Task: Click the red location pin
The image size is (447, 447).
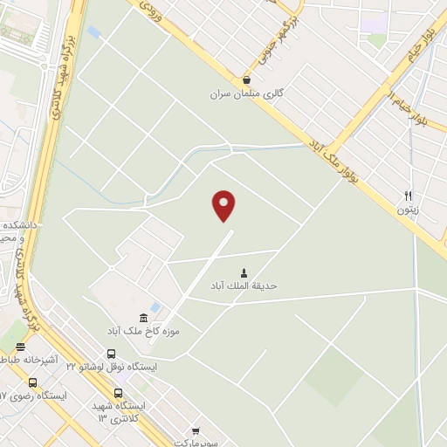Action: pos(224,205)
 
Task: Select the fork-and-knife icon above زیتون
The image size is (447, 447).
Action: pos(408,196)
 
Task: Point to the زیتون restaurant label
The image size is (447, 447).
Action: pos(408,210)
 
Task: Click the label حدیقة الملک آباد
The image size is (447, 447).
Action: pos(244,285)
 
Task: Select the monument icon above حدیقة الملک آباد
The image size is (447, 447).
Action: pos(244,272)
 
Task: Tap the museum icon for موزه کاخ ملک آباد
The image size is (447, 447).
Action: pos(143,317)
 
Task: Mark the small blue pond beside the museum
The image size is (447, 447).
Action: pos(155,308)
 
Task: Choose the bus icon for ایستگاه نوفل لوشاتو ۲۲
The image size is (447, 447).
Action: pos(111,354)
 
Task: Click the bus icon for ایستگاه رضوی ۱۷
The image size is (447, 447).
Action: pos(32,382)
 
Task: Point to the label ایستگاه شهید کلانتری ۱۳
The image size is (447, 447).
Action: pos(121,412)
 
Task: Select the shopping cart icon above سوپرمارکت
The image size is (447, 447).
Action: pos(196,430)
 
